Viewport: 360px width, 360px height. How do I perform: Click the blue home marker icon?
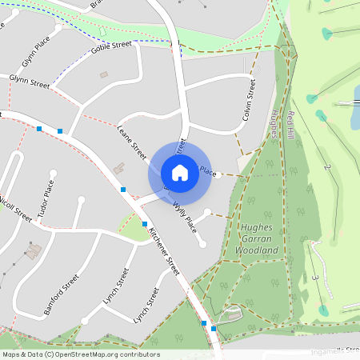click(180, 173)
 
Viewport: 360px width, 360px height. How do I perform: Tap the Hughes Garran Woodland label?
click(257, 238)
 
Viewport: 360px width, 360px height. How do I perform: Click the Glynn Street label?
click(30, 81)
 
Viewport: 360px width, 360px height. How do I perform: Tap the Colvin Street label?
click(250, 100)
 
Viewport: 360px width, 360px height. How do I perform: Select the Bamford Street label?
click(62, 295)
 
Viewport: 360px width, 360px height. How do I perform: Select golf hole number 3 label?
click(316, 277)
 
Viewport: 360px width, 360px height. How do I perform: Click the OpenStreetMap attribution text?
click(80, 354)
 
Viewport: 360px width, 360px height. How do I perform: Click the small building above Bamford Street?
click(34, 252)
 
